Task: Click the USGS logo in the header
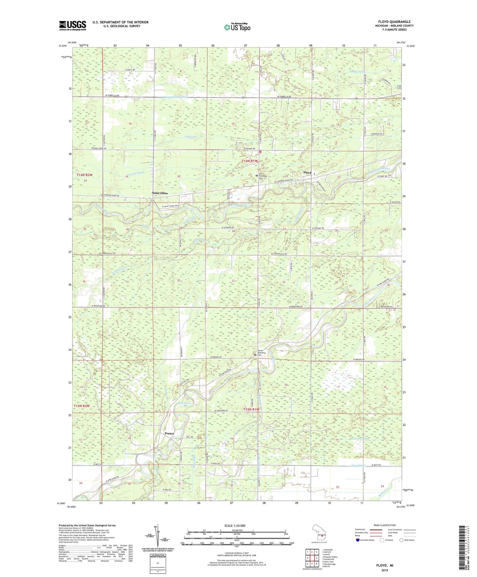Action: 73,25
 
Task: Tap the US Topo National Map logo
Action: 237,27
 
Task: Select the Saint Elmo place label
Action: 160,193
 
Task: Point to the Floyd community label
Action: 307,173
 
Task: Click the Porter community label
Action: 169,433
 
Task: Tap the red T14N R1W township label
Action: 249,161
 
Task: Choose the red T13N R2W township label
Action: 82,405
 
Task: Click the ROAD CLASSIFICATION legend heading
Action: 385,525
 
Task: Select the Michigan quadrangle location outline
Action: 320,534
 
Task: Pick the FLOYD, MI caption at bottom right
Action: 385,565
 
